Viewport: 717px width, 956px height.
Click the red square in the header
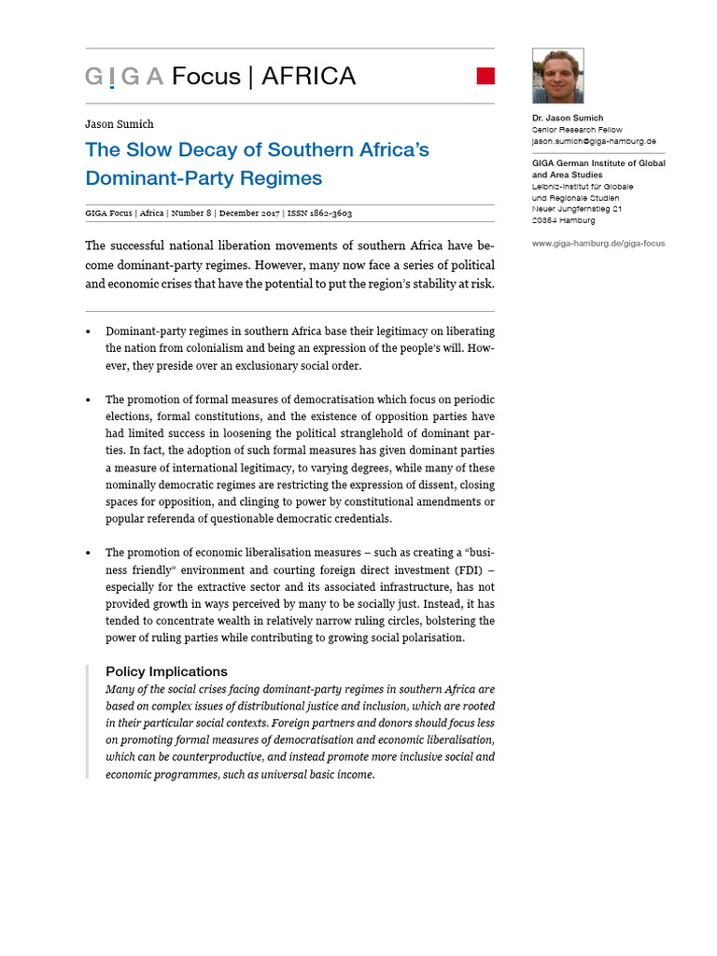coord(485,76)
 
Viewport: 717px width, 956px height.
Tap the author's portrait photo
coord(557,77)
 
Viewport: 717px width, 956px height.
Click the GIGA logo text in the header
coord(123,77)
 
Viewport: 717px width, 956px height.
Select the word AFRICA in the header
coord(308,77)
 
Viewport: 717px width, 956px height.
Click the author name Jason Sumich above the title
coord(119,124)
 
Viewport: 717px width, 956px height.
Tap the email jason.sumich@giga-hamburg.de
coord(593,141)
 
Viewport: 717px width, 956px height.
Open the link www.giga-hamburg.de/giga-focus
coord(598,244)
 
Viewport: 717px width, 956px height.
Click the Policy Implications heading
coord(166,671)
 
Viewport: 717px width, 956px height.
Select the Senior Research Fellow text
coord(577,130)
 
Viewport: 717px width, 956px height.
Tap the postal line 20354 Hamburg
coord(563,220)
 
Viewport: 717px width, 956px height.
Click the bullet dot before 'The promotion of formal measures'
coord(89,400)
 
